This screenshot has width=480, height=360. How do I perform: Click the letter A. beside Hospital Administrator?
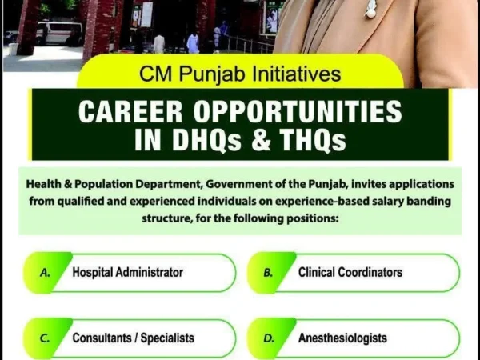[x=46, y=272]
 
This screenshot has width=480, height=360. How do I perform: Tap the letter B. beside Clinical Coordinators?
[x=269, y=272]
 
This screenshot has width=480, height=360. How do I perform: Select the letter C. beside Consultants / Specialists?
[x=46, y=338]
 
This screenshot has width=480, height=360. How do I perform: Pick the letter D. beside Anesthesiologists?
[x=269, y=338]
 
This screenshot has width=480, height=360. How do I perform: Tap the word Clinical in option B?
[x=318, y=272]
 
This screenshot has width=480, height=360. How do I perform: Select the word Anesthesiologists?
[x=342, y=338]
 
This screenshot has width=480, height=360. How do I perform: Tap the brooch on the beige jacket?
[x=370, y=10]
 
